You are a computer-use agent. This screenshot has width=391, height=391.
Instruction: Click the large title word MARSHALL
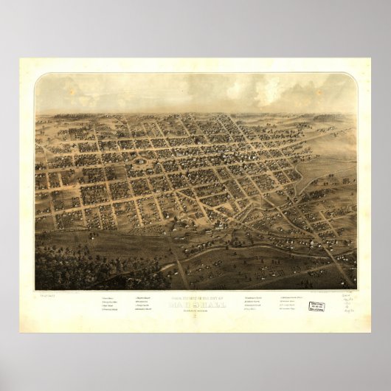[195, 302]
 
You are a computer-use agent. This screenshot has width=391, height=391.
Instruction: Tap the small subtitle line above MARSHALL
[195, 297]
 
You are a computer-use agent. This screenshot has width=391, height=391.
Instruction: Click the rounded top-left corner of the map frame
[38, 77]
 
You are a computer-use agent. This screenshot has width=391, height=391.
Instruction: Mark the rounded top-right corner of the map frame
[353, 77]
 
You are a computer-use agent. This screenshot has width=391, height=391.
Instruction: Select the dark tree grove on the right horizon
[328, 117]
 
